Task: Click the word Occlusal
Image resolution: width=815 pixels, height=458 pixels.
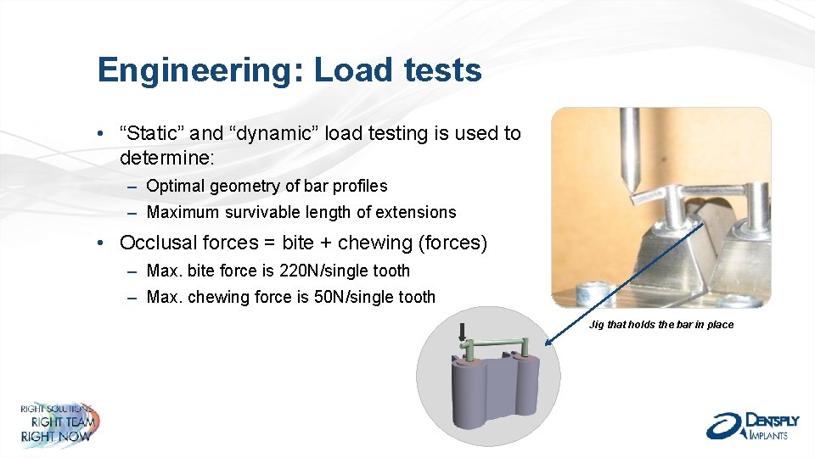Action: [159, 243]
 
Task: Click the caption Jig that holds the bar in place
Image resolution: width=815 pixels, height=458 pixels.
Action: [661, 325]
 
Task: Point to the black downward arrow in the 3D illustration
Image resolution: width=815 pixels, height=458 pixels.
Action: [463, 332]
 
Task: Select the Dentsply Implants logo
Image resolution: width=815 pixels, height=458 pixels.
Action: [747, 425]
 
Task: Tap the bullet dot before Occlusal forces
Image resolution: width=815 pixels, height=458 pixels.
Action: [101, 243]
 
